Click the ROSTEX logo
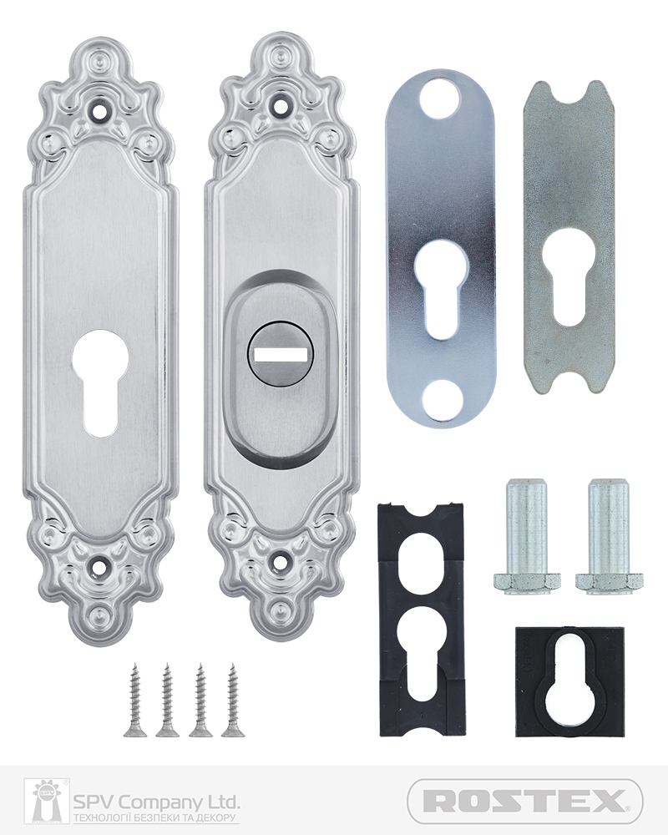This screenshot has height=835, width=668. point(524,801)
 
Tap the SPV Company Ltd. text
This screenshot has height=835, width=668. point(155,802)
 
